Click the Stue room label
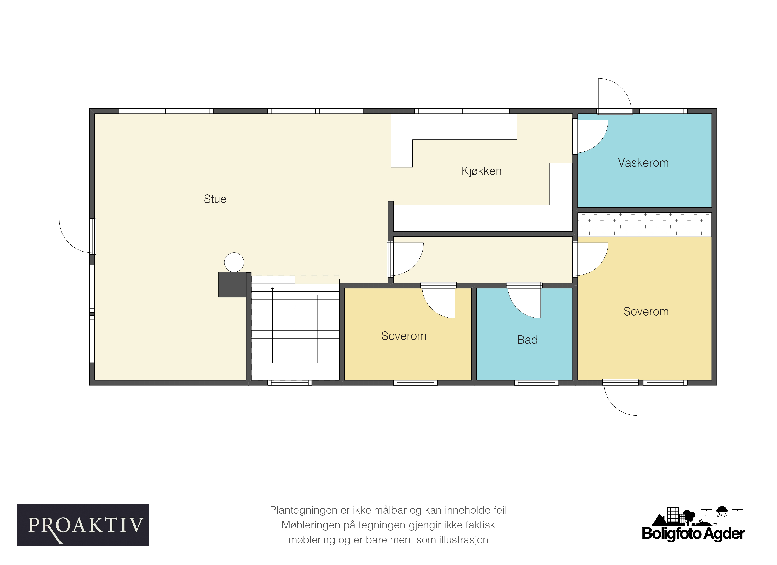[215, 199]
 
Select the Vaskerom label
[643, 163]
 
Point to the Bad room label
[527, 340]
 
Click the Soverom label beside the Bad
[404, 336]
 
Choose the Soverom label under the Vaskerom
[646, 311]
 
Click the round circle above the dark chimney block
[234, 262]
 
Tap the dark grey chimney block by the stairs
[232, 284]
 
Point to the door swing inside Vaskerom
[599, 144]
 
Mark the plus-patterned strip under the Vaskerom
[645, 225]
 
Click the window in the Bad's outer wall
[537, 382]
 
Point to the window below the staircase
[290, 382]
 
